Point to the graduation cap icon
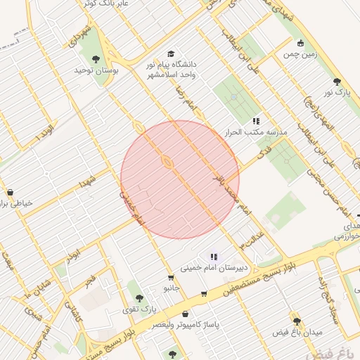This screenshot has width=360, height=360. [171, 54]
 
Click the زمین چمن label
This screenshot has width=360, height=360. [297, 53]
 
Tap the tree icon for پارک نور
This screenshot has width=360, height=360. [338, 82]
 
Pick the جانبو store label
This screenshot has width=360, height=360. [172, 288]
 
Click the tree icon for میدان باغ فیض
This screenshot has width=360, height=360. [297, 321]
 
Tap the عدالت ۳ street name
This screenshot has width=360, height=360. [252, 237]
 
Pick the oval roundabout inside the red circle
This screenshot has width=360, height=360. [167, 162]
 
